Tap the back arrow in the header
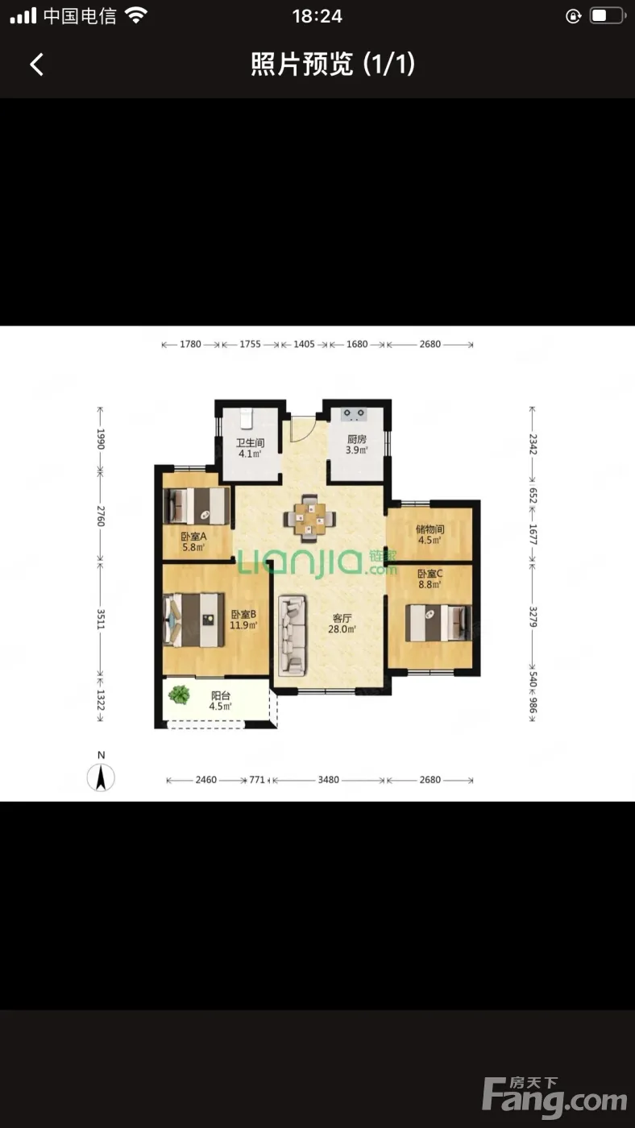click(37, 64)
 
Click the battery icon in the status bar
click(608, 16)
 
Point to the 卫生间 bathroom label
click(251, 442)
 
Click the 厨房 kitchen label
click(356, 439)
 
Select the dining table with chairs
click(309, 519)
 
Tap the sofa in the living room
click(293, 636)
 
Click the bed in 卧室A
click(197, 506)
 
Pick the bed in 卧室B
click(194, 620)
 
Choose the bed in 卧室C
click(438, 623)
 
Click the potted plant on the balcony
click(179, 695)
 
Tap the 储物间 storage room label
click(430, 529)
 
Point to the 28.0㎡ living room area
click(342, 629)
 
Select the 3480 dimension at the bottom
click(328, 780)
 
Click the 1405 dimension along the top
click(304, 344)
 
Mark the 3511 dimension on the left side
click(101, 619)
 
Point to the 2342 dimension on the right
click(533, 444)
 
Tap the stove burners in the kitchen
click(354, 414)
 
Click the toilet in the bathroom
click(246, 418)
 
